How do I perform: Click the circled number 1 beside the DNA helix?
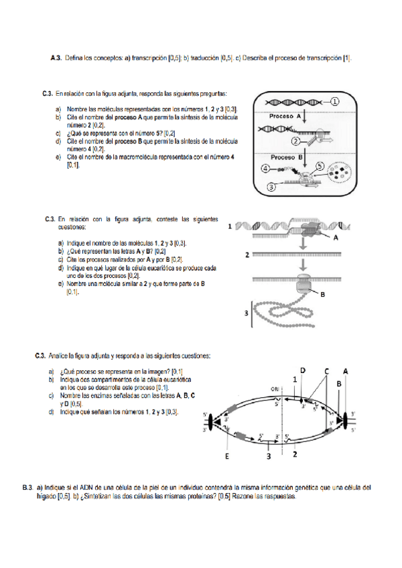335,101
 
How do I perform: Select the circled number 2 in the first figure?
295,141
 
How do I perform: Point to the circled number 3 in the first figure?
271,188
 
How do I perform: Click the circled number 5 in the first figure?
319,165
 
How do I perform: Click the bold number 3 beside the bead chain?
247,313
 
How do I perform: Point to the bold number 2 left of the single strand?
247,255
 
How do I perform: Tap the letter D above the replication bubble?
302,370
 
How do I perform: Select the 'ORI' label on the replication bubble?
274,388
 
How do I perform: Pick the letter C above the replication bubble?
326,370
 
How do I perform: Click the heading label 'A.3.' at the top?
56,58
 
